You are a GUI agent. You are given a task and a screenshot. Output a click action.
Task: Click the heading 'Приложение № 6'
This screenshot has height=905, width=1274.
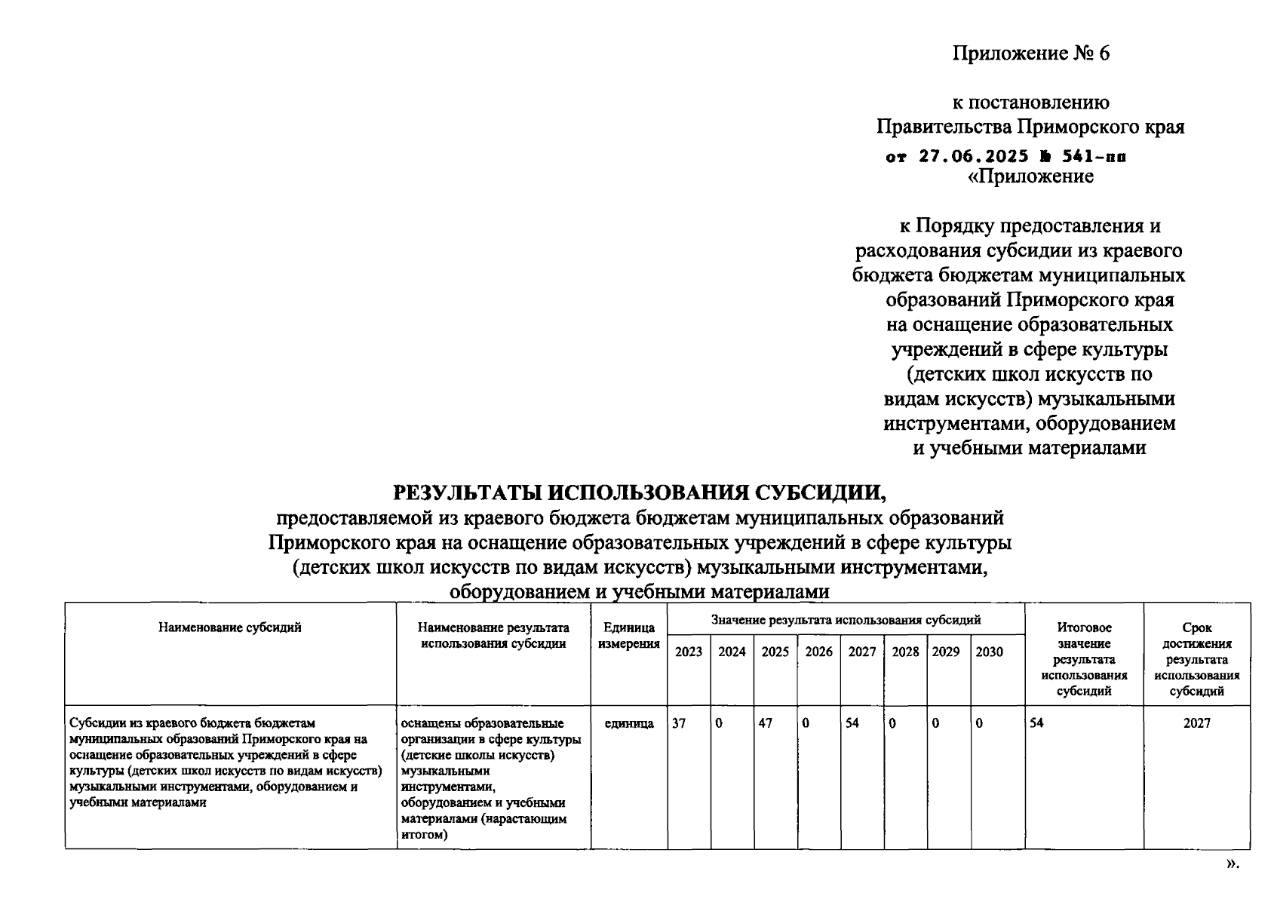pos(1030,54)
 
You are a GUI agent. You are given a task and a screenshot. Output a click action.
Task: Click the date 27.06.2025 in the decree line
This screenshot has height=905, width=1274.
pos(973,157)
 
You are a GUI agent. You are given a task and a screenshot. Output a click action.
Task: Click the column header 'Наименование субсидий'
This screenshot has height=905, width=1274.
pos(230,627)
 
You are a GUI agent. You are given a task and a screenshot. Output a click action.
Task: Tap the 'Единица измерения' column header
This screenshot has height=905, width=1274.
pos(628,635)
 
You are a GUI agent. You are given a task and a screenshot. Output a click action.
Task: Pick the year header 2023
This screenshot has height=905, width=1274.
pos(688,652)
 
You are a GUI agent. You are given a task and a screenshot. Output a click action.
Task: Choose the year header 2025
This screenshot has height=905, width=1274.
pos(775,652)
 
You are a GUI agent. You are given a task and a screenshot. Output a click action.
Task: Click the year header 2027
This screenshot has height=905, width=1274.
pos(861,652)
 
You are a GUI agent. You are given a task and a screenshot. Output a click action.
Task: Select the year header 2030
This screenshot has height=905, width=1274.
pos(989,652)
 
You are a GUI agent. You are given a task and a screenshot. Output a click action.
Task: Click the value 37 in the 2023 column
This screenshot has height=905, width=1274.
pos(679,723)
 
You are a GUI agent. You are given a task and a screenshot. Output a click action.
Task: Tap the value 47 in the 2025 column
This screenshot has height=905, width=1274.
pos(766,723)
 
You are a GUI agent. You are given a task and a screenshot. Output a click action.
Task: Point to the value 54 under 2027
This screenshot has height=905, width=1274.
pos(852,723)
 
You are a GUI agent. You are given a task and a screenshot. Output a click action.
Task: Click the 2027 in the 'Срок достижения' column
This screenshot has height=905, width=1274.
pos(1196,723)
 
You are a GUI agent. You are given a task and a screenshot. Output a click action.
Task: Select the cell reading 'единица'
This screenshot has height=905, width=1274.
pos(629,723)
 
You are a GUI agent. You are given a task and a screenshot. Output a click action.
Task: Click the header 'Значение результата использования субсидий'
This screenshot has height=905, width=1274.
pos(846,620)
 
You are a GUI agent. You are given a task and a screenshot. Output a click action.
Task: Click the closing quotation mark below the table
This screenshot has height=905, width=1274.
pos(1233,864)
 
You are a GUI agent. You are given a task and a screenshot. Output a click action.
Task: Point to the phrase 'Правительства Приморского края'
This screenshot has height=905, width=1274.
pos(1030,127)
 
